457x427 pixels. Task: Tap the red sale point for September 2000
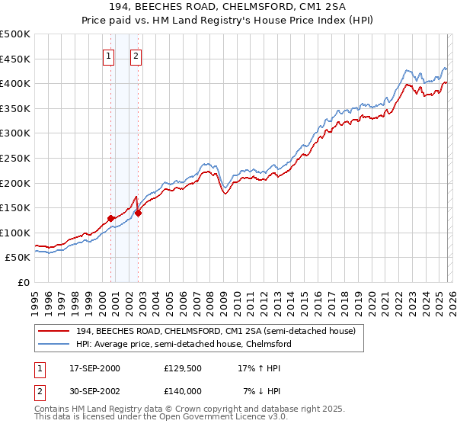coord(111,217)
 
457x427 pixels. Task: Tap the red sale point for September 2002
coord(139,213)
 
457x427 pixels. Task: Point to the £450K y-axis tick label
coord(15,59)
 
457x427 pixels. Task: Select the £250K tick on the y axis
coord(15,158)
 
